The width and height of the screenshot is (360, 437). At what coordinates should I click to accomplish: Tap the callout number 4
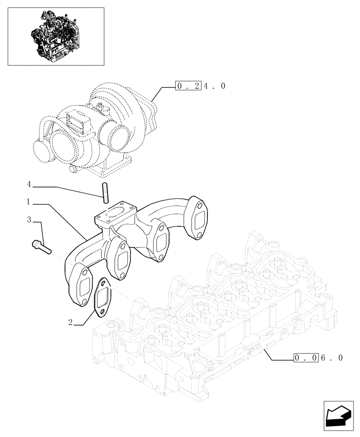pos(29,185)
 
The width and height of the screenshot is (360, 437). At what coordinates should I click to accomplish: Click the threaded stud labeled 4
pos(105,193)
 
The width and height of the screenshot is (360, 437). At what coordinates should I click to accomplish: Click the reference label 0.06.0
pos(318,358)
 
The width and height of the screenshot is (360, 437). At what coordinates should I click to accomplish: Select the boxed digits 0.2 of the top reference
pos(188,86)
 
